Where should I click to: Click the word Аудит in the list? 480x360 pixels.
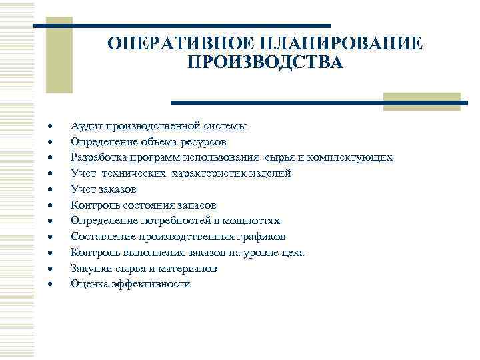pos(84,125)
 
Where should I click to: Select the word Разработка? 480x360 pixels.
pos(96,157)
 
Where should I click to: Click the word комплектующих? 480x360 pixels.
pos(352,157)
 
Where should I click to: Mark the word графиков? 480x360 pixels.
pos(262,237)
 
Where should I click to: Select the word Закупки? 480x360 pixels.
pos(89,268)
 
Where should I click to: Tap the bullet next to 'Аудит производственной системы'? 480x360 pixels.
pos(49,126)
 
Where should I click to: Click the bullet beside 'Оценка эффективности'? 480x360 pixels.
pos(49,285)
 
